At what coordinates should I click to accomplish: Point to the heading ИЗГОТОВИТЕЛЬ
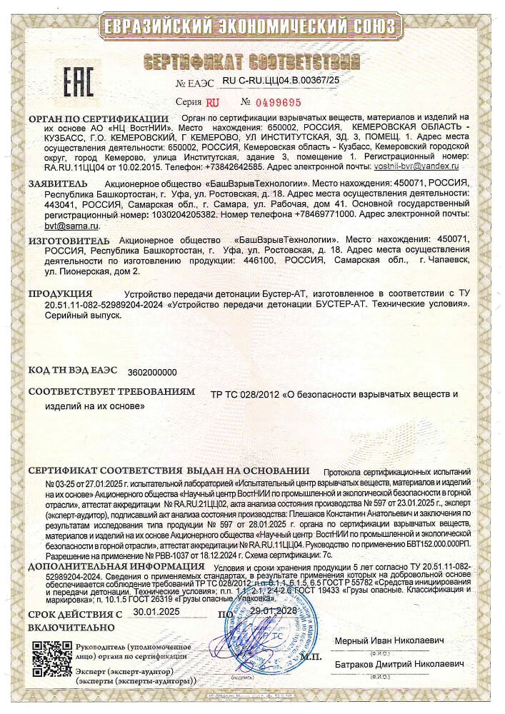point(69,241)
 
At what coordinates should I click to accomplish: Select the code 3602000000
point(151,372)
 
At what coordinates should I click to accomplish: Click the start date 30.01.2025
point(159,613)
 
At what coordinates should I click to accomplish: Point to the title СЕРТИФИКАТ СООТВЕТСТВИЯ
point(252,59)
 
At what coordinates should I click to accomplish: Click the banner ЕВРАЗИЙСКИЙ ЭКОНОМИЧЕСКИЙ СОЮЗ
point(252,26)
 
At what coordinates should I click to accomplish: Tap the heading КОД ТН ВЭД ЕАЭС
point(72,371)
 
